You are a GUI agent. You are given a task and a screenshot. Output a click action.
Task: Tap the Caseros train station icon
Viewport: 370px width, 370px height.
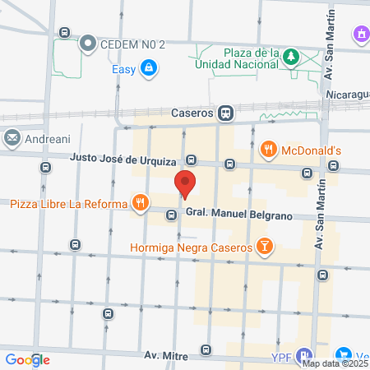click(224, 112)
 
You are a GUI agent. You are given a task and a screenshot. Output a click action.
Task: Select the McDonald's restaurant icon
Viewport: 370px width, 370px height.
click(268, 149)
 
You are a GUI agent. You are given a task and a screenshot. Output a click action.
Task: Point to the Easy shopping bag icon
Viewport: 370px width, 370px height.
click(148, 68)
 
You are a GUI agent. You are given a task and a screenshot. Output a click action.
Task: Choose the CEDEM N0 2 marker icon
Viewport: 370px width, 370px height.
click(87, 44)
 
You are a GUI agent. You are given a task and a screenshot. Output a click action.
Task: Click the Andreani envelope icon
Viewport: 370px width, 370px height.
click(12, 138)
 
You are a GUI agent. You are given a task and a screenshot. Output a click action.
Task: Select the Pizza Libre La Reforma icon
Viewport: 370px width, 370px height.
click(141, 201)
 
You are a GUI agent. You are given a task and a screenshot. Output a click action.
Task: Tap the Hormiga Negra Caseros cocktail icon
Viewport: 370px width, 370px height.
click(264, 245)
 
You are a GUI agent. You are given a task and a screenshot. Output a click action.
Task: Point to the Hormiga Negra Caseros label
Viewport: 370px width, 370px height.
click(190, 247)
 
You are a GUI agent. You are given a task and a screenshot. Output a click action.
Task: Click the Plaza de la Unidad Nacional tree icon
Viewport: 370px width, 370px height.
click(290, 57)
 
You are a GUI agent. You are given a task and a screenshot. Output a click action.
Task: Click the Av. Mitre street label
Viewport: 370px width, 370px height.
click(166, 357)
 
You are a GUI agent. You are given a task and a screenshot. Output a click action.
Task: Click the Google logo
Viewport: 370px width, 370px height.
click(27, 359)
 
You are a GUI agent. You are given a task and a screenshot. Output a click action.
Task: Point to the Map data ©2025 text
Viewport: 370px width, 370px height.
click(335, 363)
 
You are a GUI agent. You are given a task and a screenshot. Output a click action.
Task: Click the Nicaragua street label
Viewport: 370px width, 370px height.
click(347, 95)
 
